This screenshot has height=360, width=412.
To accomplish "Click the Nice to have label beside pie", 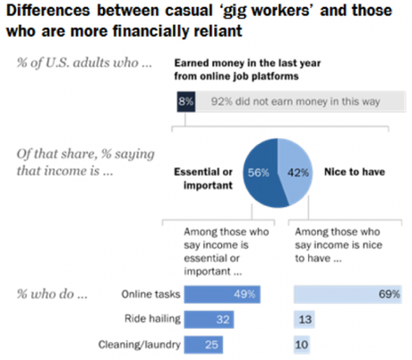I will coord(349,169).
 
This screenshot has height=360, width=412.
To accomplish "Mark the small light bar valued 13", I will coord(304,319).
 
